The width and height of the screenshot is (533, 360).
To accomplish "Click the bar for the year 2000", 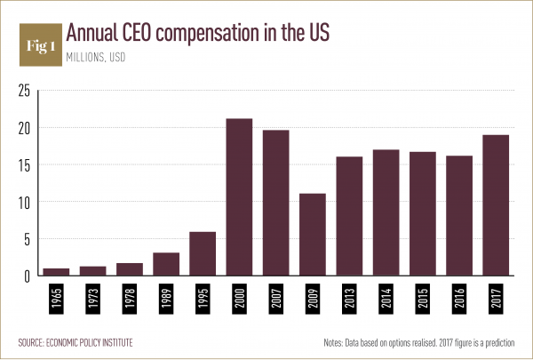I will coord(239,197).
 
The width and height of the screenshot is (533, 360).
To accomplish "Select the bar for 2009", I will coord(312,235).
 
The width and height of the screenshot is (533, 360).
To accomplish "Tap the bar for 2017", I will coord(495,205).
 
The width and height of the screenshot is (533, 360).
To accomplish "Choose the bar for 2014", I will coord(386,212).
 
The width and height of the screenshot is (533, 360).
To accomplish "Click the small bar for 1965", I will coord(56,272).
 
